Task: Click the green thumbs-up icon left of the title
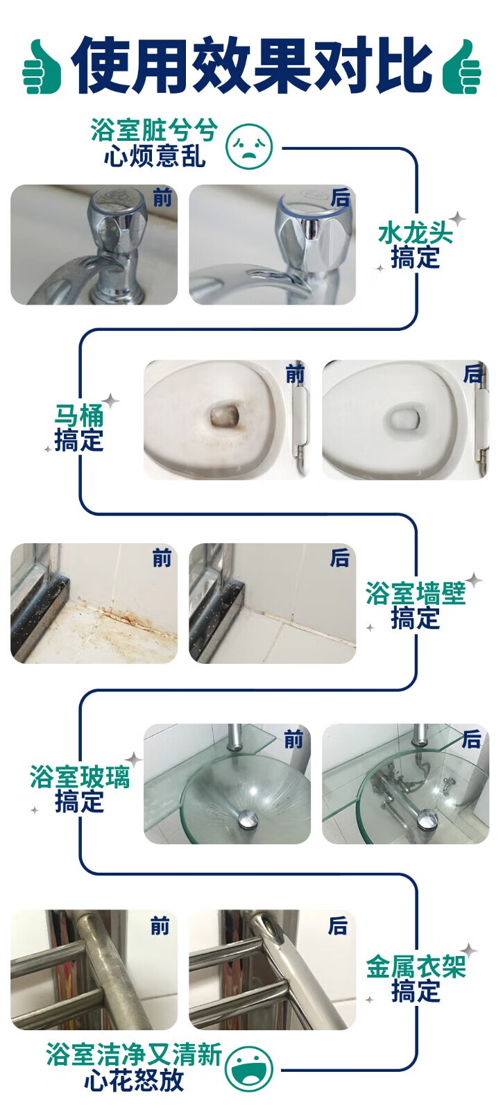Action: [x=42, y=67]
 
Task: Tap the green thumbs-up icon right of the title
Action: [x=461, y=67]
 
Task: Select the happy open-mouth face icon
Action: [x=249, y=1068]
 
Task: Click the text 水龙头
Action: [x=416, y=233]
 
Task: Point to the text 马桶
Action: [x=79, y=416]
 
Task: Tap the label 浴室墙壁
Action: [x=416, y=594]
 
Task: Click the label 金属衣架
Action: [x=416, y=966]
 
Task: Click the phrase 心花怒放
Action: [x=135, y=1080]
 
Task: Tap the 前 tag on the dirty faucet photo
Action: [x=162, y=198]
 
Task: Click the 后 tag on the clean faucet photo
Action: [x=341, y=198]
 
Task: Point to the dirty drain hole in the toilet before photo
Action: [x=225, y=413]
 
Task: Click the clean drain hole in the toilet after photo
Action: [x=403, y=415]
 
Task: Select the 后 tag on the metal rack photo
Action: [x=338, y=925]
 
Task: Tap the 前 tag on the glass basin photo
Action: [x=293, y=740]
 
